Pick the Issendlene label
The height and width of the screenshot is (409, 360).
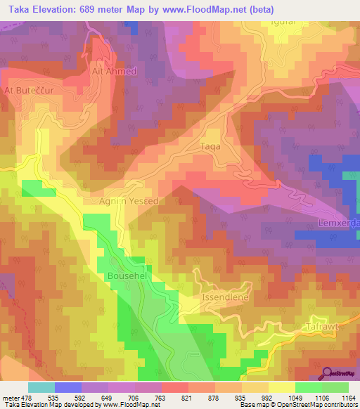[x=226, y=298]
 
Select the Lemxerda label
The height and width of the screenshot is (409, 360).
[x=339, y=223]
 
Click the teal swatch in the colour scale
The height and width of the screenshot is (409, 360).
[x=41, y=387]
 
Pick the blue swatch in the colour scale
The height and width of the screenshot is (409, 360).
[x=68, y=387]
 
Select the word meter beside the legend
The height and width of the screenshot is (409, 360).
[x=10, y=396]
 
